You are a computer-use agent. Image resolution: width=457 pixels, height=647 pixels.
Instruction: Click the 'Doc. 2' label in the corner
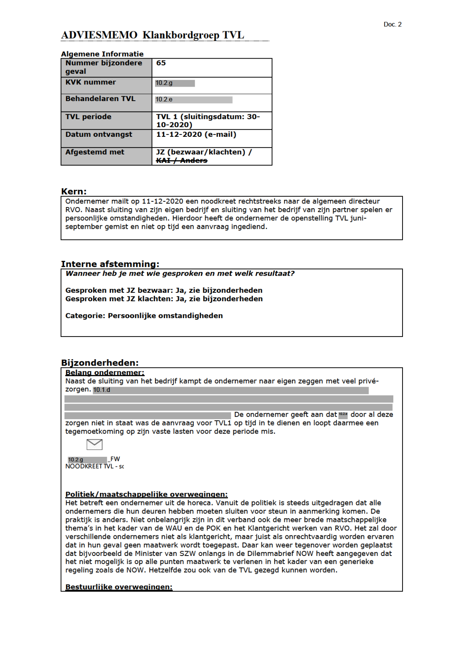tap(392, 24)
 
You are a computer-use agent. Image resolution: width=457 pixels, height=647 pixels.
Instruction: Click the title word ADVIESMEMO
tap(99, 35)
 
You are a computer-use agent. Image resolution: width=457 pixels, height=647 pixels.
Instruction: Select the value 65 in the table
tap(161, 63)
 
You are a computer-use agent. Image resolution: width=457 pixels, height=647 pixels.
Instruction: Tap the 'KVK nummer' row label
tap(91, 82)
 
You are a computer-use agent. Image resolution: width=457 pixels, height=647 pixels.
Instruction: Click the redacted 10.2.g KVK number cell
tap(175, 83)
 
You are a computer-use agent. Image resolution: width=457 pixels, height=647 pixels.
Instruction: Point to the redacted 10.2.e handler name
tap(194, 100)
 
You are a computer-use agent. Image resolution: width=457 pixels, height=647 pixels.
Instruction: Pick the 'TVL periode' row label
tap(88, 117)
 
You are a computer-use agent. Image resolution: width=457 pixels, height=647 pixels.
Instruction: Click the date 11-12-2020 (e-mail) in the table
tap(196, 135)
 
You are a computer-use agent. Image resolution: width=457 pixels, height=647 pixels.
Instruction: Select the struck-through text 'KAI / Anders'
tap(182, 160)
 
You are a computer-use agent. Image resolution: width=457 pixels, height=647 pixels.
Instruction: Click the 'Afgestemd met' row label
tap(95, 152)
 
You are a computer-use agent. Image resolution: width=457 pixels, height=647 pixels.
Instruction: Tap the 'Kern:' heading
tap(74, 191)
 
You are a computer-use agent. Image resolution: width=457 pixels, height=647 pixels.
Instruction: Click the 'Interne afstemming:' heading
tap(110, 264)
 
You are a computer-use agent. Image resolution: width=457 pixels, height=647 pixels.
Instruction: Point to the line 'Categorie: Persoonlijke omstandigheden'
tap(144, 316)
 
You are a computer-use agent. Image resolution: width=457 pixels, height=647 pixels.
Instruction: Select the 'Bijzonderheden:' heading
tap(100, 363)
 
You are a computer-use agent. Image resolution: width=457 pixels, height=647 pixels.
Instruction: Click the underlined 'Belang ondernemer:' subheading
tap(105, 373)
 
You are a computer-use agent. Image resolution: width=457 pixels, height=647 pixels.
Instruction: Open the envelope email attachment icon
tap(94, 444)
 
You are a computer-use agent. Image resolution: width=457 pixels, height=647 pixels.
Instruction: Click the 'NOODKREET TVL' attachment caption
tap(94, 466)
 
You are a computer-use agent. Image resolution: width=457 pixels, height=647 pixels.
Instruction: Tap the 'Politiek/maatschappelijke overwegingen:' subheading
tap(147, 494)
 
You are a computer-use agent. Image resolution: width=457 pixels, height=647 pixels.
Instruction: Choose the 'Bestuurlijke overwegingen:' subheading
tap(119, 587)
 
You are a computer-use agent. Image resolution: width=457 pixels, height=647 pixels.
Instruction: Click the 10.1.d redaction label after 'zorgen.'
tap(102, 390)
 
